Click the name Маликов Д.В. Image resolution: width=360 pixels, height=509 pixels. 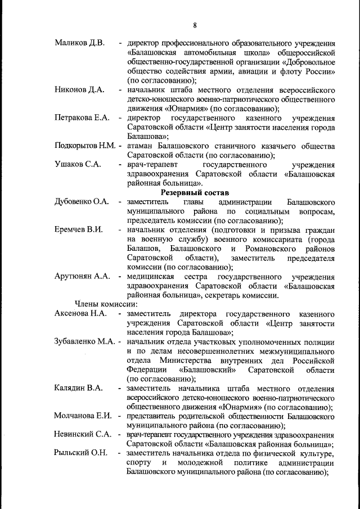(x=79, y=43)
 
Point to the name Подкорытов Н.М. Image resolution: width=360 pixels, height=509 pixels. (x=85, y=146)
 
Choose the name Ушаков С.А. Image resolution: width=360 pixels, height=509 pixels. (x=78, y=165)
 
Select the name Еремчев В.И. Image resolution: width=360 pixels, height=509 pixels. (x=79, y=230)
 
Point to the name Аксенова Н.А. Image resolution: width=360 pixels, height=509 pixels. (x=81, y=313)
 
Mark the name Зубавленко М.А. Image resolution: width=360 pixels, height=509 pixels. (x=86, y=341)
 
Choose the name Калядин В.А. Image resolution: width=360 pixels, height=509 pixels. (x=78, y=388)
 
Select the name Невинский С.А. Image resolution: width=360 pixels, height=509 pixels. (x=82, y=435)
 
